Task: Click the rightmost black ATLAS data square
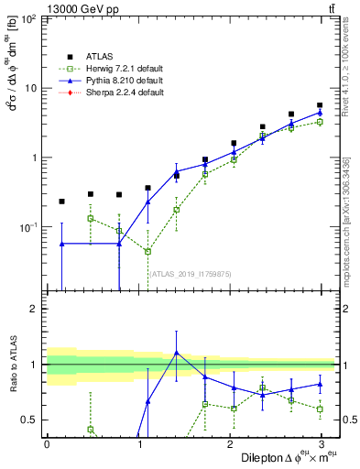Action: click(x=319, y=105)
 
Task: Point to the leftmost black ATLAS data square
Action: click(x=62, y=202)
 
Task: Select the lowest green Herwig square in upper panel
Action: click(x=147, y=251)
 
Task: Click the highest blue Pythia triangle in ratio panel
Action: click(x=176, y=353)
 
